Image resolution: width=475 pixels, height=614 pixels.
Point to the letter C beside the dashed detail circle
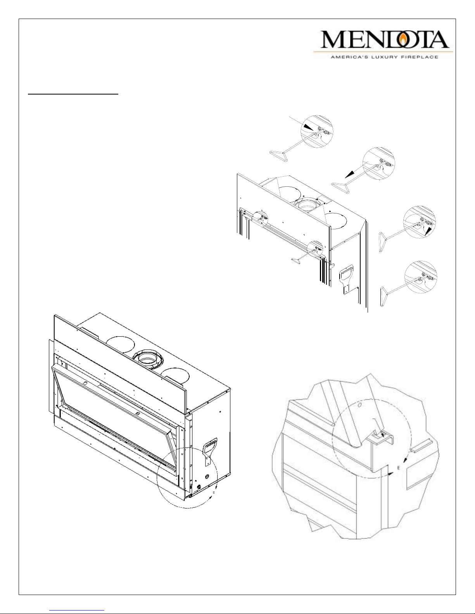click(214, 492)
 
